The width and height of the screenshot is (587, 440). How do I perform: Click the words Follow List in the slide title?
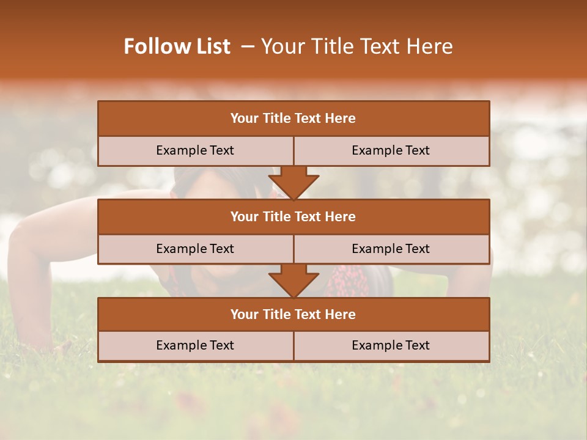coord(177,46)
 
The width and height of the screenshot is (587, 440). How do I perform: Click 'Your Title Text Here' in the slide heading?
coord(356,46)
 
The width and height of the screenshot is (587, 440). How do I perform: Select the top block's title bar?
coord(293,119)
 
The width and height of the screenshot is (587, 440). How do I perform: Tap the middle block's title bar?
coord(293,216)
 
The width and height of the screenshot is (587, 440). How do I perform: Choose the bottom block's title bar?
coord(293,314)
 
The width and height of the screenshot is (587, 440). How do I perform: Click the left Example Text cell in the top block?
coord(195,150)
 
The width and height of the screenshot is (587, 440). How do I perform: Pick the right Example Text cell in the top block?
coord(391,150)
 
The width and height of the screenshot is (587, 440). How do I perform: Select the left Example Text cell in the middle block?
coord(195,249)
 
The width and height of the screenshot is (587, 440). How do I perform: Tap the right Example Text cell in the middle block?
coord(391,249)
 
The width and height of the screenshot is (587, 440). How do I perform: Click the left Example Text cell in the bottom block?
coord(195,345)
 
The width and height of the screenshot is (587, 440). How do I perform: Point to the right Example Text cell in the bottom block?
coord(391,345)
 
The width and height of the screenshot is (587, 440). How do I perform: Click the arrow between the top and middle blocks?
coord(293,182)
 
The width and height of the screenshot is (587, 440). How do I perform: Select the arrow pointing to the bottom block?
coord(293,280)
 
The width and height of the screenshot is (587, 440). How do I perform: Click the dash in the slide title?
coord(248,46)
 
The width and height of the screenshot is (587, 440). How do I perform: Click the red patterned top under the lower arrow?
coord(349,282)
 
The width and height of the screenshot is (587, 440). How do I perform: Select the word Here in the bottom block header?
coord(341,314)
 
